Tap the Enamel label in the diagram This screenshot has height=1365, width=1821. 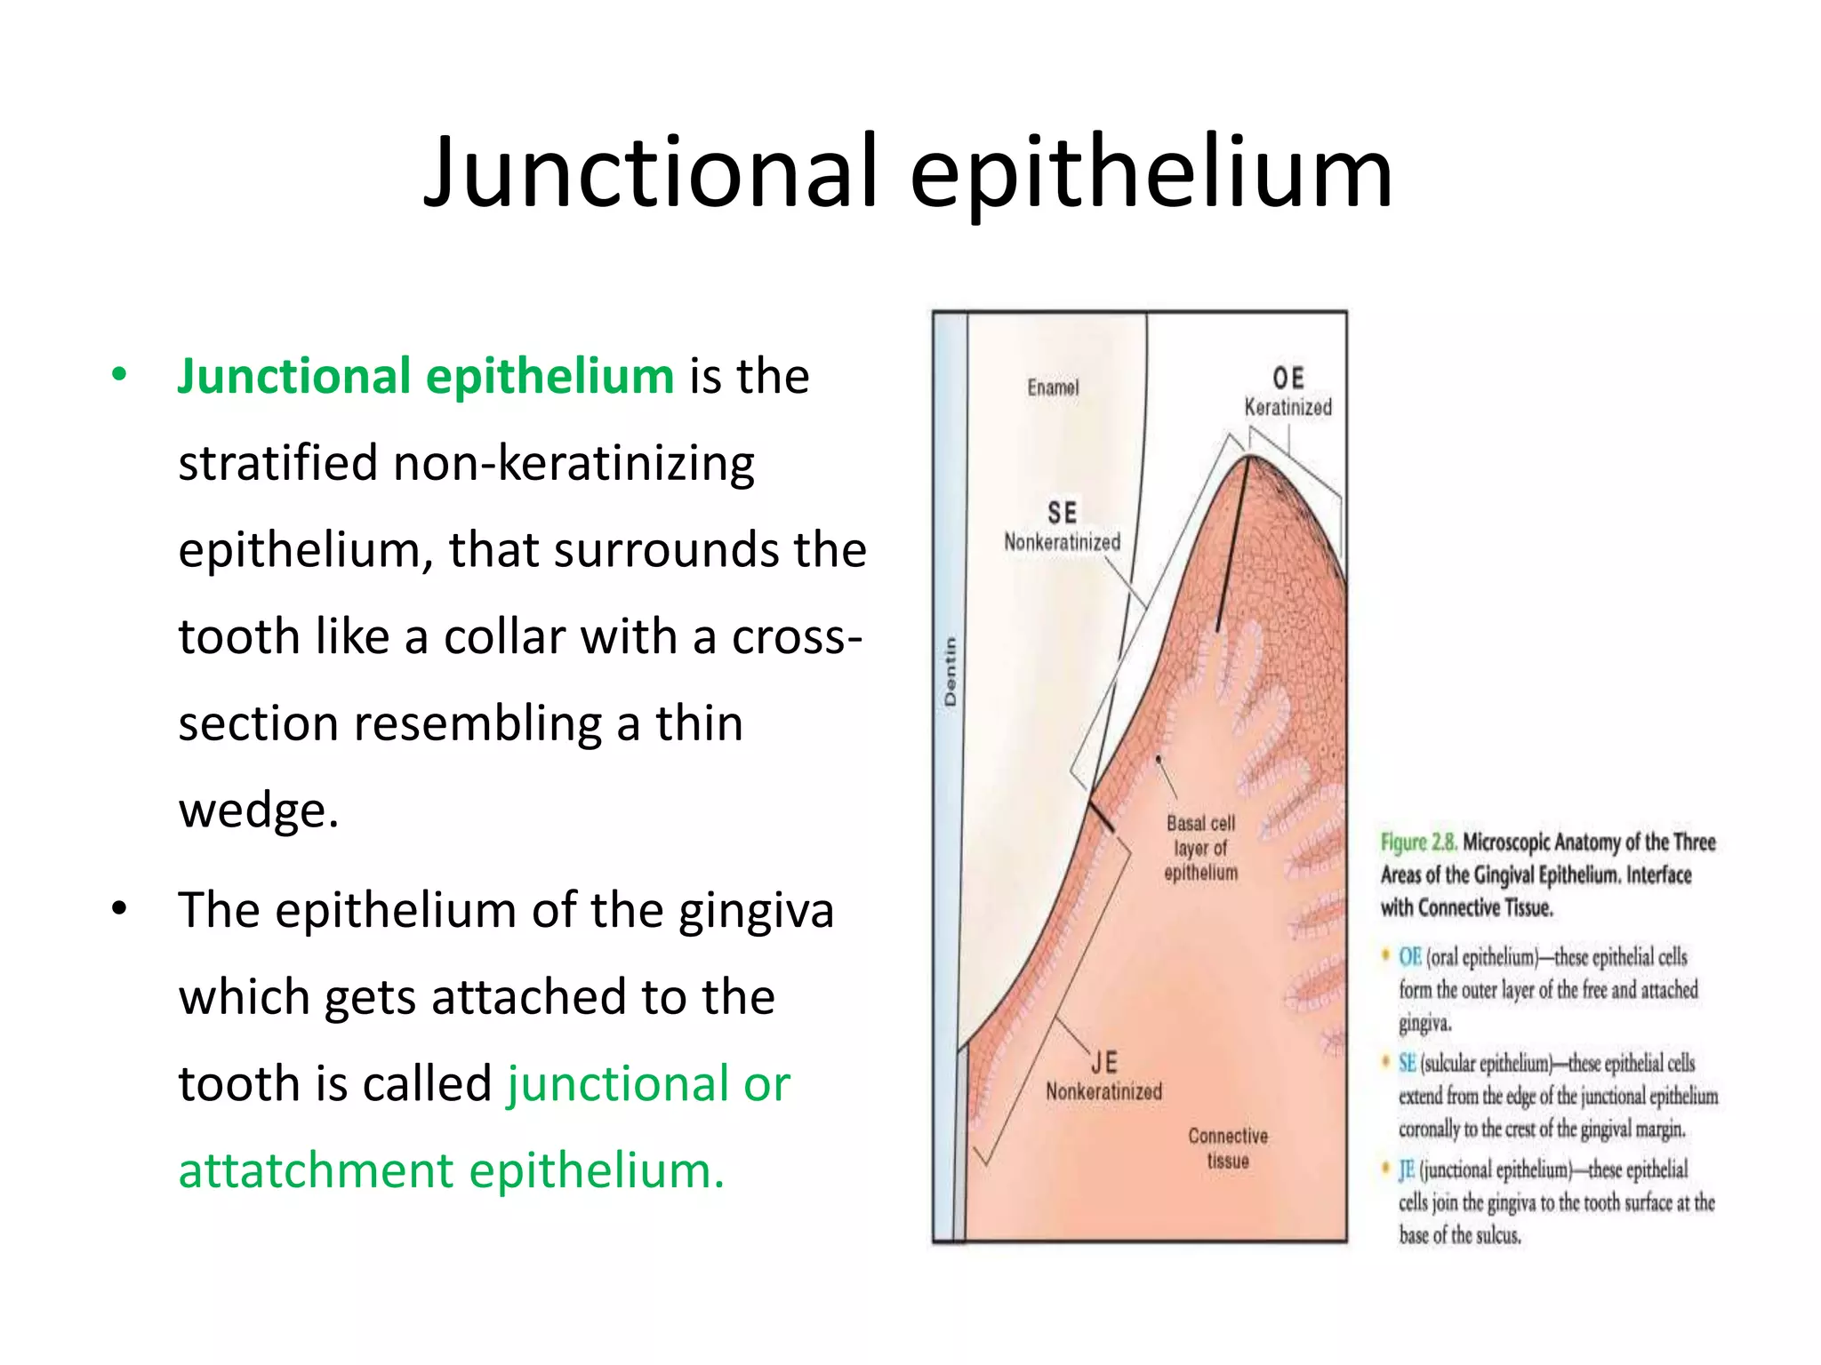coord(1053,387)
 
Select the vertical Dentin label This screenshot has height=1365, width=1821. coord(951,672)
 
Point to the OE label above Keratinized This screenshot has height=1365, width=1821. coord(1288,379)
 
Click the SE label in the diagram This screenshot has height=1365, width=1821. coord(1062,513)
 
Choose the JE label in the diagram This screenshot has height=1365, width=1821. coord(1103,1062)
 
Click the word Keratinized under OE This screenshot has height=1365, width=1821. coord(1288,408)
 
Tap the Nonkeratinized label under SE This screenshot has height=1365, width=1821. coord(1062,542)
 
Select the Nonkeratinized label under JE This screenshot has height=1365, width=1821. coord(1103,1091)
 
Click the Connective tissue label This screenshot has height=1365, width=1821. coord(1228,1148)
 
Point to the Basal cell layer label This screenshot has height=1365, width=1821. coord(1200,848)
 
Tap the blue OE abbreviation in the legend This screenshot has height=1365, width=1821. coord(1409,957)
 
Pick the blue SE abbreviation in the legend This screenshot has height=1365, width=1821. coord(1407,1064)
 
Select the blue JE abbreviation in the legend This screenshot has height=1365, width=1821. coord(1406,1169)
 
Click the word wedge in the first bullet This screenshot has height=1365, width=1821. coord(259,810)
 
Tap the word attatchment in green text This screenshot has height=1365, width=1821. coord(316,1169)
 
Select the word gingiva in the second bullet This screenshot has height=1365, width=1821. coord(756,911)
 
